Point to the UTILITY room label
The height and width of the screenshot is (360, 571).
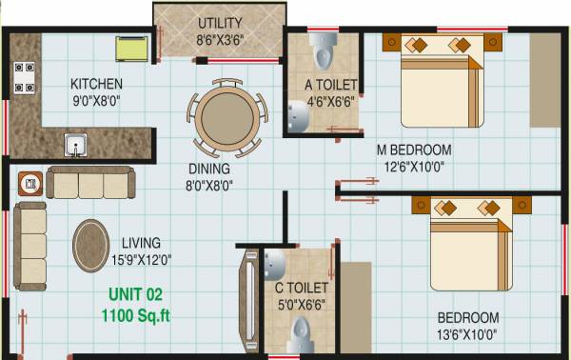220,23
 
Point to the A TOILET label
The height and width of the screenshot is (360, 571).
330,84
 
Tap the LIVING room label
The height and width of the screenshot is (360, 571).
140,243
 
